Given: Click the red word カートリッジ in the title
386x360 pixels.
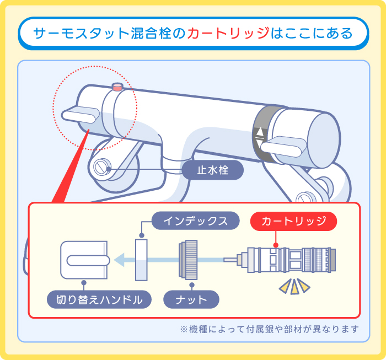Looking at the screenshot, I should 228,33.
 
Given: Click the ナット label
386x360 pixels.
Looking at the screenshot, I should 191,300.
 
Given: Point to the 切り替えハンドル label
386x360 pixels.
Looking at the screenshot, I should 99,300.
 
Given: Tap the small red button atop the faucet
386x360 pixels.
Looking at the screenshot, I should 117,87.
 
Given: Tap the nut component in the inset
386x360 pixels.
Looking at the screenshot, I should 187,259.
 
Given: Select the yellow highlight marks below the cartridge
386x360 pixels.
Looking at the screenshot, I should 293,286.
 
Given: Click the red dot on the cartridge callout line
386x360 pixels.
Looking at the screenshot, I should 276,244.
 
